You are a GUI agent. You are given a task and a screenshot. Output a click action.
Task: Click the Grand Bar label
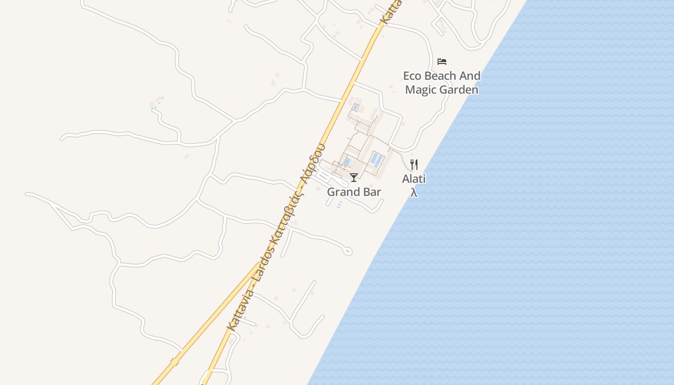coord(354,192)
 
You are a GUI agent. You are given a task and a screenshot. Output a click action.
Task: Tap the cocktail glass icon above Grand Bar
coord(354,178)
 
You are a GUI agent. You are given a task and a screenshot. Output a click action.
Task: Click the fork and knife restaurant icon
coord(414,165)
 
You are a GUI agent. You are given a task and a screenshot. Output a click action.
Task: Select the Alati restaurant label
coord(414,179)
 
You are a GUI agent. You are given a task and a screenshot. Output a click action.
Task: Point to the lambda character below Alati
coord(414,192)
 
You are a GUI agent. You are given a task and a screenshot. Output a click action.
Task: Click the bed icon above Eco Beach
coord(442,62)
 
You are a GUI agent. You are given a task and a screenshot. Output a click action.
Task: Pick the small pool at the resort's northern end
coord(356,107)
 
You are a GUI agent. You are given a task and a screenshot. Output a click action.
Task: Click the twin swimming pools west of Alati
coord(377,159)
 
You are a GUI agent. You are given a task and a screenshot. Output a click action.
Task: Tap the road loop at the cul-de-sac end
coord(348,251)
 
